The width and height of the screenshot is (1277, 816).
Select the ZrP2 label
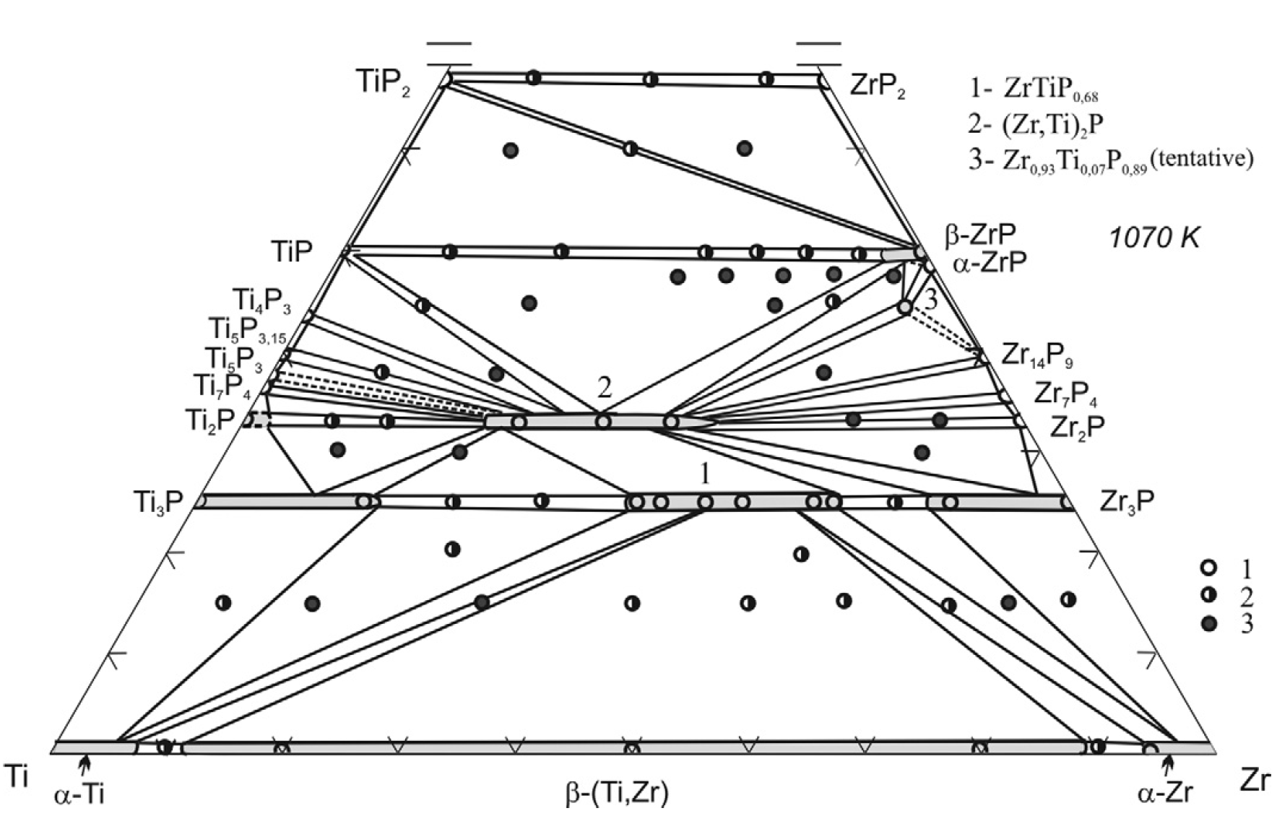(x=878, y=87)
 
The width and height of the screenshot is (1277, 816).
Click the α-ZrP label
(x=988, y=263)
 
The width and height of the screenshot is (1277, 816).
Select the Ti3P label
(x=158, y=501)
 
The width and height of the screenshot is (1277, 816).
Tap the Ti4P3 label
(x=261, y=300)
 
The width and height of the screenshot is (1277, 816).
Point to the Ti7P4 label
(x=222, y=386)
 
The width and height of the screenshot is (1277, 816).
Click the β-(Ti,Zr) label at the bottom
(x=616, y=793)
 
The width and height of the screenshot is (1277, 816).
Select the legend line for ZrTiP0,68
(x=1034, y=90)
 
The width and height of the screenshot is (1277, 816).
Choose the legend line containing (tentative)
(x=1111, y=160)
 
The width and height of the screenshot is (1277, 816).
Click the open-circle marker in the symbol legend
(x=1208, y=568)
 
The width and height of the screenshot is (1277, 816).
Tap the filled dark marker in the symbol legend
(x=1208, y=624)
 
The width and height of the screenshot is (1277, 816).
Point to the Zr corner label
(x=1254, y=781)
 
